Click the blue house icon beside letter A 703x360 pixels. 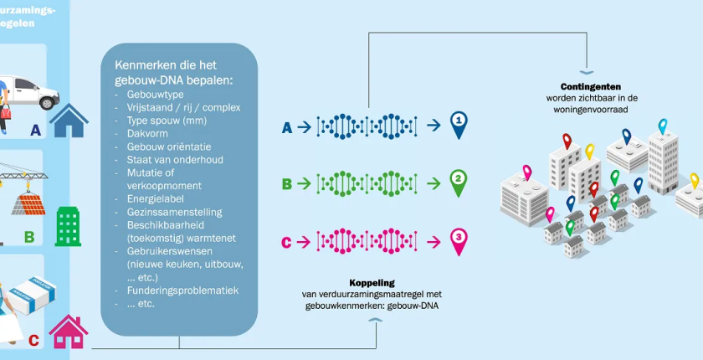pos(69,121)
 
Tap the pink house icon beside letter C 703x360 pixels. pos(68,332)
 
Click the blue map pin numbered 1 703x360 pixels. pos(458,125)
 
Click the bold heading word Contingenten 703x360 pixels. pos(592,86)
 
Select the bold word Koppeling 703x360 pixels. pos(372,283)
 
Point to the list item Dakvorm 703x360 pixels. pos(139,133)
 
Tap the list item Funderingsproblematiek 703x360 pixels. pos(177,291)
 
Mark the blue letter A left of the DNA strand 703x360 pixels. pos(287,127)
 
